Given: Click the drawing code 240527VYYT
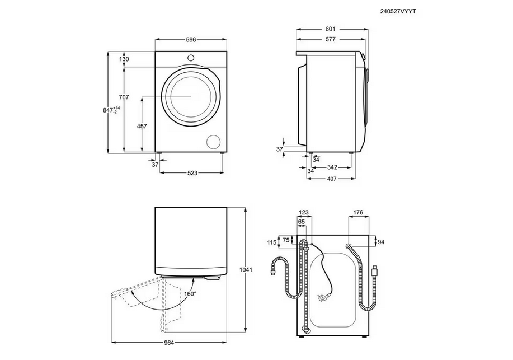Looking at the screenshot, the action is [x=398, y=11].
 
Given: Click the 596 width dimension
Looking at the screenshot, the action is [x=191, y=40].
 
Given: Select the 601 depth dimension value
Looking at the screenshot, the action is [x=330, y=29].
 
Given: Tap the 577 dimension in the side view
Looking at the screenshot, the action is [x=331, y=39].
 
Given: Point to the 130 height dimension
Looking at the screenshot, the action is [x=124, y=59].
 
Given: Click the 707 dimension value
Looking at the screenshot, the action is [x=124, y=97].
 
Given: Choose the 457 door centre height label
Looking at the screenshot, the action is [x=142, y=126].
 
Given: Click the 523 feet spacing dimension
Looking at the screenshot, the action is [x=192, y=172].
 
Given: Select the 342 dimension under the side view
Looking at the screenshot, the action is [x=332, y=167].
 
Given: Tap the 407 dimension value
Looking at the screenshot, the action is [x=331, y=179].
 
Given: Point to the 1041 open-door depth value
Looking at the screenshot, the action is [x=246, y=270].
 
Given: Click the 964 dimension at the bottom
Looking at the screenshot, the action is [x=169, y=343].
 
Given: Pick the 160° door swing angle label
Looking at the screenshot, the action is [x=190, y=293].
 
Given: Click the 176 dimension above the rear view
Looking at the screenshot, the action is [x=358, y=213].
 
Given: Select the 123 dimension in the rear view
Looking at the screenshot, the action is [x=304, y=213].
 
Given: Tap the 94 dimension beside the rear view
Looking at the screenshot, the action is [x=381, y=242].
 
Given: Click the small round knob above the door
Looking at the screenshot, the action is [x=191, y=57].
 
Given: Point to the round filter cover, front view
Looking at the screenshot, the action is [x=213, y=141].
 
